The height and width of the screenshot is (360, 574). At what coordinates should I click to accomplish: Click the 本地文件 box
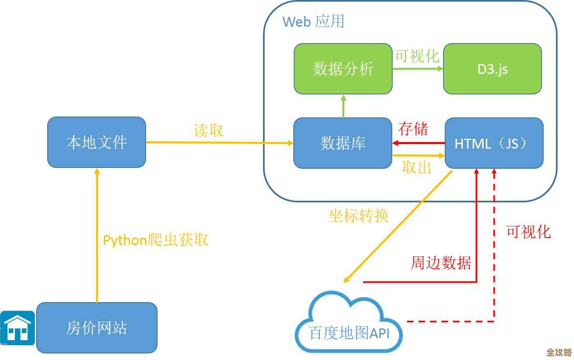(x=96, y=142)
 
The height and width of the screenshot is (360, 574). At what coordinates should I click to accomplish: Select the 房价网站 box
(x=96, y=328)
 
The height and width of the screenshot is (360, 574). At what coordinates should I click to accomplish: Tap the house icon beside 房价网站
(x=17, y=328)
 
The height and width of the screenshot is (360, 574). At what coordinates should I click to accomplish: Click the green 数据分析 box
(x=343, y=69)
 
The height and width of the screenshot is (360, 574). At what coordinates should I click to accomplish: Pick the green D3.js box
(x=492, y=69)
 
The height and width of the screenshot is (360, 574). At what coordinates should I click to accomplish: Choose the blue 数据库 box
(x=343, y=143)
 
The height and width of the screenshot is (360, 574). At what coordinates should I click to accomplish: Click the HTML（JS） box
(x=494, y=143)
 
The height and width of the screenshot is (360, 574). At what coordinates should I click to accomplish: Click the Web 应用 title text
(x=313, y=21)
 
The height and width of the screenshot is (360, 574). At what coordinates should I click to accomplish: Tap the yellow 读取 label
(x=208, y=130)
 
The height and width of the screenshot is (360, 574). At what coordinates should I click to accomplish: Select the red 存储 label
(x=413, y=129)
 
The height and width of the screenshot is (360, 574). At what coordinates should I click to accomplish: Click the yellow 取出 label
(x=416, y=167)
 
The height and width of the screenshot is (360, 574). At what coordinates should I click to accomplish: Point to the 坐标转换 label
(x=358, y=216)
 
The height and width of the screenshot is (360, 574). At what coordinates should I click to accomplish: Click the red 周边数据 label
(x=441, y=263)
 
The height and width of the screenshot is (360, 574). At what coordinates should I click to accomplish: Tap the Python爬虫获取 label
(x=156, y=240)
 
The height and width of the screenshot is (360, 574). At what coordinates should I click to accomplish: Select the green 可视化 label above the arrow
(x=417, y=56)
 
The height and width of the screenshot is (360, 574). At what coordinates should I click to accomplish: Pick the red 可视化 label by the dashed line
(x=528, y=232)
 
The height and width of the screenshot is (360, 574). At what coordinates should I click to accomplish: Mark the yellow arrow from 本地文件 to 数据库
(x=220, y=143)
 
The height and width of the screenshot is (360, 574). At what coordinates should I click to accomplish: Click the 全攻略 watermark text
(x=559, y=352)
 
